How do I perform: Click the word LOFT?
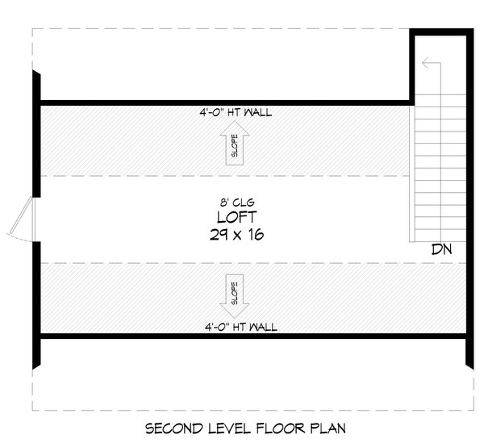(236, 217)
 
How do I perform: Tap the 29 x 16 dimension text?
(236, 235)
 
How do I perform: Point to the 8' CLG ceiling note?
(237, 203)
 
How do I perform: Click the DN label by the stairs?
(442, 249)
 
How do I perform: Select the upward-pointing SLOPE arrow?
(235, 143)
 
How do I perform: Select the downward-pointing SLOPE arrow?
(235, 296)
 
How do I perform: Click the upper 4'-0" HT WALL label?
(236, 112)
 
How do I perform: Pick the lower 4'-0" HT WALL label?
(241, 327)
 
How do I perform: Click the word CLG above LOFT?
(244, 203)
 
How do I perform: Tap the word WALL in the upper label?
(258, 112)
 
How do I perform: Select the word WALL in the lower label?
(263, 327)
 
